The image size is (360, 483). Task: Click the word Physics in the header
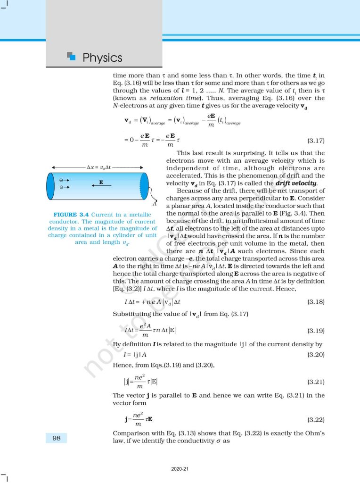pyautogui.click(x=102, y=58)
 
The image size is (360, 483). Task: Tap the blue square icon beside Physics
pyautogui.click(x=72, y=56)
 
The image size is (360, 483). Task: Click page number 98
pyautogui.click(x=56, y=439)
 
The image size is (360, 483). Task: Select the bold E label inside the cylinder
pyautogui.click(x=101, y=182)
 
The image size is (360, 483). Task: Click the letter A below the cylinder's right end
pyautogui.click(x=154, y=204)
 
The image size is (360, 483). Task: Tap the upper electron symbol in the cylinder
pyautogui.click(x=62, y=180)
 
